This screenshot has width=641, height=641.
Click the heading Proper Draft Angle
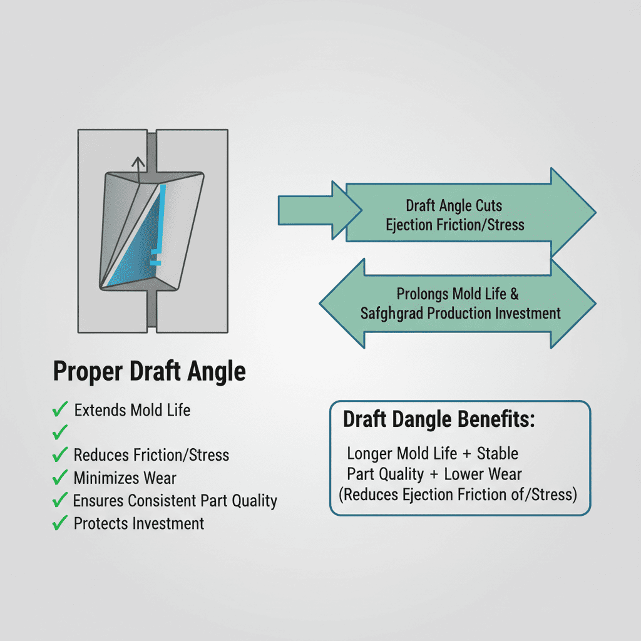(149, 371)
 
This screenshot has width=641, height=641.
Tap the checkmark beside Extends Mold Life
(60, 411)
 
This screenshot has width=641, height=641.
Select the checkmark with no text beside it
(60, 432)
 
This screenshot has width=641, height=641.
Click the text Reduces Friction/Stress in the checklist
(151, 455)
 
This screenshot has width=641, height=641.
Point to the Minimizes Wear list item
(125, 478)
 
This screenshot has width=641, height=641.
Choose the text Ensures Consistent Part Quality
(175, 501)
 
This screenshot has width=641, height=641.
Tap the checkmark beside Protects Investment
(60, 523)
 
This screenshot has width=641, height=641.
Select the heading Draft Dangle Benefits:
(439, 420)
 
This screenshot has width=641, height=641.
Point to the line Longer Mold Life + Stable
(432, 453)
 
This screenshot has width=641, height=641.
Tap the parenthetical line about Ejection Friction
(457, 495)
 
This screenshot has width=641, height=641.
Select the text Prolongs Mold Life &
(458, 293)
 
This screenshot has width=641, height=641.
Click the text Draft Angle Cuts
(454, 205)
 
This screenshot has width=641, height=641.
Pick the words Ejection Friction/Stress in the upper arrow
(455, 224)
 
